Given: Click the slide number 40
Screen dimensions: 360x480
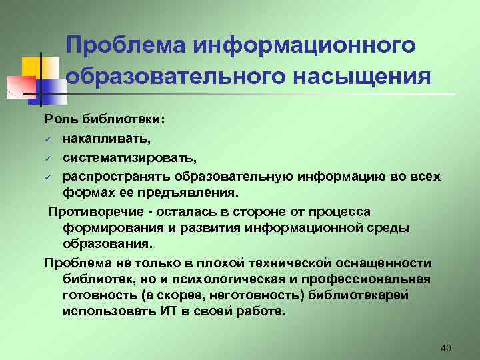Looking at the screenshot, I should click(447, 348).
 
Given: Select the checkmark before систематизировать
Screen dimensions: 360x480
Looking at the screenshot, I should click(48, 159).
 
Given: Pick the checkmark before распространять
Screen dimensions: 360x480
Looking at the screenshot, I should click(48, 177).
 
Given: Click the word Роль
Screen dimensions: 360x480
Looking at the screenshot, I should click(62, 119).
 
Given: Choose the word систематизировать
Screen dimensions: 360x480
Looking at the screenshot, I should click(130, 158).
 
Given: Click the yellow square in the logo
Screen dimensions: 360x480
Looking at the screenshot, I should click(32, 67).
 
